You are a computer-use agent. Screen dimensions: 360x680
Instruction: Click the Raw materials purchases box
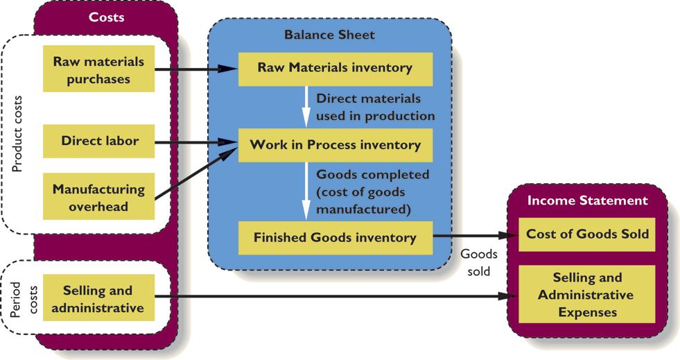(x=98, y=69)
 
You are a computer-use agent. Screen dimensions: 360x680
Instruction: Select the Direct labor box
(x=98, y=141)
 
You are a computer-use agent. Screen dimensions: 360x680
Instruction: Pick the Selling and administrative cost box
(x=98, y=298)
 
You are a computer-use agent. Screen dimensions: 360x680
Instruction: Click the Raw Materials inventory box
(x=335, y=68)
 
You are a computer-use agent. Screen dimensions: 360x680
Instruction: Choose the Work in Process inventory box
(x=335, y=145)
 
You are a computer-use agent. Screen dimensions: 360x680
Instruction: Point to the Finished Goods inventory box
(x=335, y=238)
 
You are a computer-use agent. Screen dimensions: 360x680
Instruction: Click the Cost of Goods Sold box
(x=587, y=234)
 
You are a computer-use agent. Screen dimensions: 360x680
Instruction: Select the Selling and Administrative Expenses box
(x=587, y=294)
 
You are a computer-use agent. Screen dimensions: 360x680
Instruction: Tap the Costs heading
(x=107, y=17)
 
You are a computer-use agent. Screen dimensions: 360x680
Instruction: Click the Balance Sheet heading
(x=329, y=35)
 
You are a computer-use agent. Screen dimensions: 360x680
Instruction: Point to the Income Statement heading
(x=587, y=200)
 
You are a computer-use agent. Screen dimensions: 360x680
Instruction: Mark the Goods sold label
(x=478, y=263)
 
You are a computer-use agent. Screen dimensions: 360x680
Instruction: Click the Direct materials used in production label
(x=375, y=108)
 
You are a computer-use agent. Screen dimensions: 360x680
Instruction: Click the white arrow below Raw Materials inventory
(x=306, y=105)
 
